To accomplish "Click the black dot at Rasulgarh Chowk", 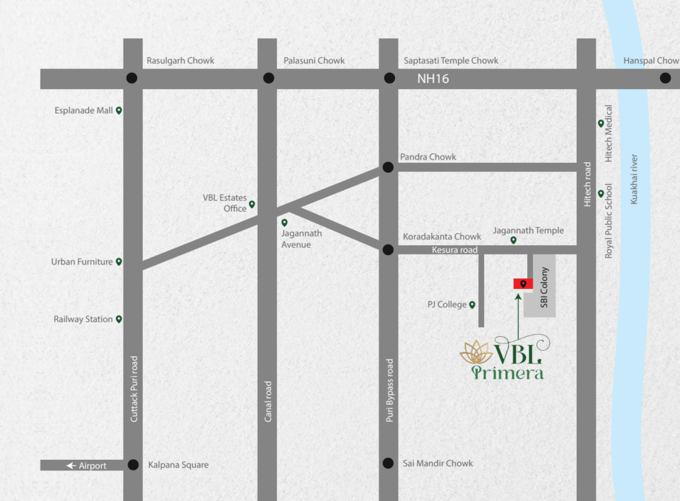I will [132, 78].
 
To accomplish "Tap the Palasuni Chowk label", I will [314, 60].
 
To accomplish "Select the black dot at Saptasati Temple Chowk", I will [389, 78].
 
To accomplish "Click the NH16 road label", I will [433, 78].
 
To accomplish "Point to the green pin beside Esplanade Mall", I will [119, 111].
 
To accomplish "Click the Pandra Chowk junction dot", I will [388, 167].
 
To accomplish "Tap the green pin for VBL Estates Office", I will [252, 205].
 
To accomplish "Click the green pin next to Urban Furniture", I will [119, 262].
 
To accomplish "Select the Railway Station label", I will [83, 320].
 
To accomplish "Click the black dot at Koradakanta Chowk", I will [388, 250].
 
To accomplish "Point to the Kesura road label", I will [455, 250].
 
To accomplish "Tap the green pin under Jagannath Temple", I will [513, 241].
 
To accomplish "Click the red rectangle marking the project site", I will [523, 284].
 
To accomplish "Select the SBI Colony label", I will [544, 286].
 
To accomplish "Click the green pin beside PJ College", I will [472, 305].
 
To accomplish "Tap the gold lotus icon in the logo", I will [475, 353].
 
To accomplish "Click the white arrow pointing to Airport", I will [71, 466].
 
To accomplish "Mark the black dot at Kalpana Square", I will [133, 465].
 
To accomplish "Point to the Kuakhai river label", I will [634, 179].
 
